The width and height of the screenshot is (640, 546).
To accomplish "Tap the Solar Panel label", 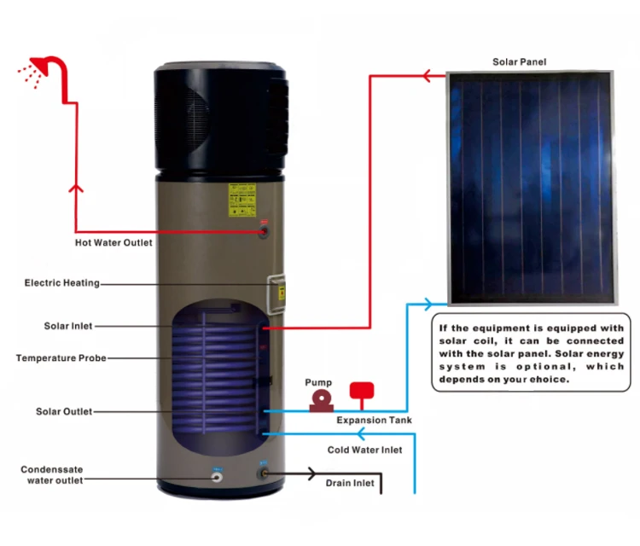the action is coord(519,61).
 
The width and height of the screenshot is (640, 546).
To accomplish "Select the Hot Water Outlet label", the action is coord(113,242).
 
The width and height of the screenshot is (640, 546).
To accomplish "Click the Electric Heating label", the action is coord(62,282).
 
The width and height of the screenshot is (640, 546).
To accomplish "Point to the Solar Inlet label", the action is coord(68,326).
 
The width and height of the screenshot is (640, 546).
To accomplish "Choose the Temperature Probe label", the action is coord(61,357).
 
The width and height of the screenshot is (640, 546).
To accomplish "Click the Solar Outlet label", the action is coord(64,411).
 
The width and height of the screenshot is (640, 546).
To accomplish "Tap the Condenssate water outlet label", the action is coord(52,474).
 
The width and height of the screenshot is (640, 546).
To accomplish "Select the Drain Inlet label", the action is coord(350,484).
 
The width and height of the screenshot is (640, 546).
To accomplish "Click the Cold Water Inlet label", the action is coord(364,450).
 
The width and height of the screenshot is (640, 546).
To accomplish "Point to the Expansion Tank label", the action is coord(374,421).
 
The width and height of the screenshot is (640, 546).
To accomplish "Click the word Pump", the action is coord(318,383).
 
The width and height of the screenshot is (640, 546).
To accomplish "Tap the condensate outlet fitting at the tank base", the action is coord(217,474).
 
